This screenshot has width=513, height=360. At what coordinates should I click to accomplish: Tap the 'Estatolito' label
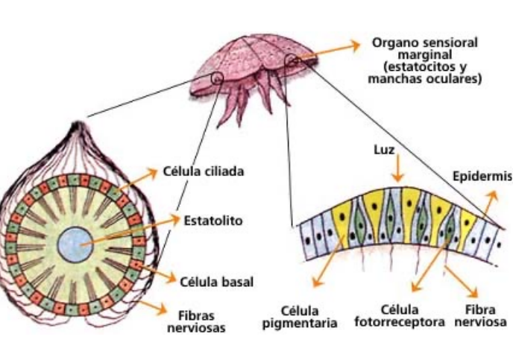point(213,221)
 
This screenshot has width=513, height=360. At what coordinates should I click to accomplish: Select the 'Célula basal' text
point(217,282)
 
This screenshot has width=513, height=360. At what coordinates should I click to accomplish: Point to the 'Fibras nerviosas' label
point(201,320)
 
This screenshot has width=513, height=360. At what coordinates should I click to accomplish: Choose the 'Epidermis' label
point(482,177)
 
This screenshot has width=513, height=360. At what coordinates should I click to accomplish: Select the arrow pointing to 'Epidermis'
point(488,204)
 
